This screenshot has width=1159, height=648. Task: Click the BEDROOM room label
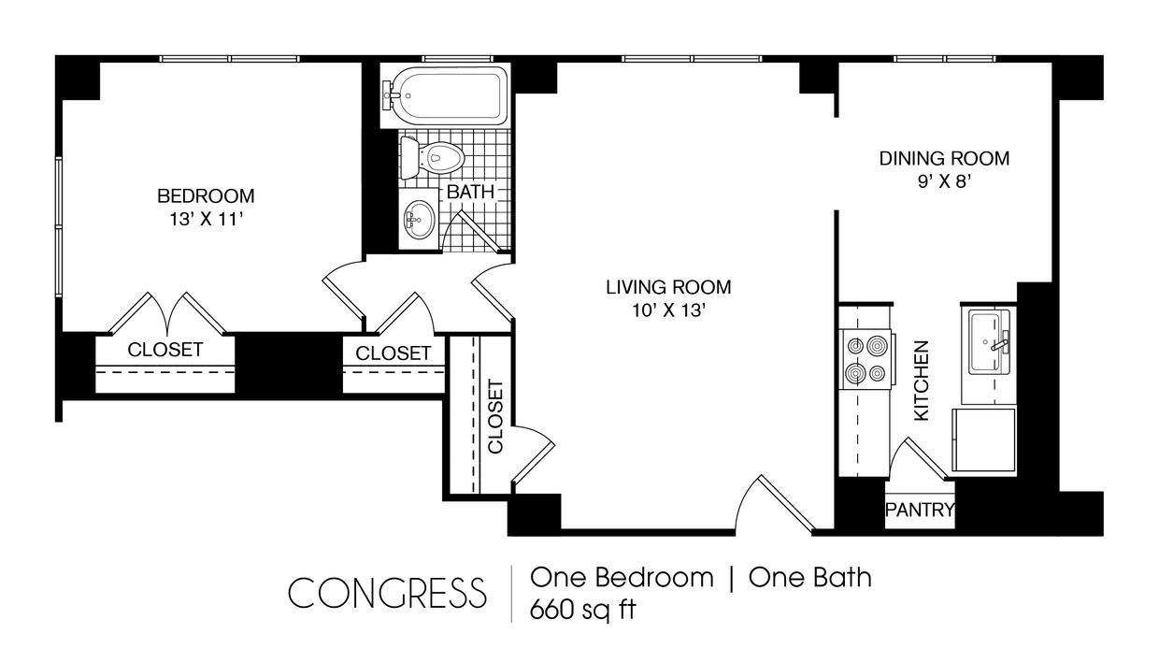206,196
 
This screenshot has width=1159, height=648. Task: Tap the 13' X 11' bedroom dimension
206,219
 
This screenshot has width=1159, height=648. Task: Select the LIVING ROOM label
668,287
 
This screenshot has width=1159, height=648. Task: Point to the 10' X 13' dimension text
668,310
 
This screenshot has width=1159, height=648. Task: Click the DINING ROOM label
944,159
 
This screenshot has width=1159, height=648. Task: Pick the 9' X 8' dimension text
944,182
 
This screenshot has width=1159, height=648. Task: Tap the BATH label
470,192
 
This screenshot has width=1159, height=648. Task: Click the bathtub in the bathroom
444,94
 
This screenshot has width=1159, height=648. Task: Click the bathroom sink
417,221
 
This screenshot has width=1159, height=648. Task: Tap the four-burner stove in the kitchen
865,360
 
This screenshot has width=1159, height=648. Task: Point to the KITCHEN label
922,381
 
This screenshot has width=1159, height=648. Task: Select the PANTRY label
920,511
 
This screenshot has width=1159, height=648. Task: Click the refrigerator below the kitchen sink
983,439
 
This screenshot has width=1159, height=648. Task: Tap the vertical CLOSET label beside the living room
495,417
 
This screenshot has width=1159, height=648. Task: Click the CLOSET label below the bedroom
165,351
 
